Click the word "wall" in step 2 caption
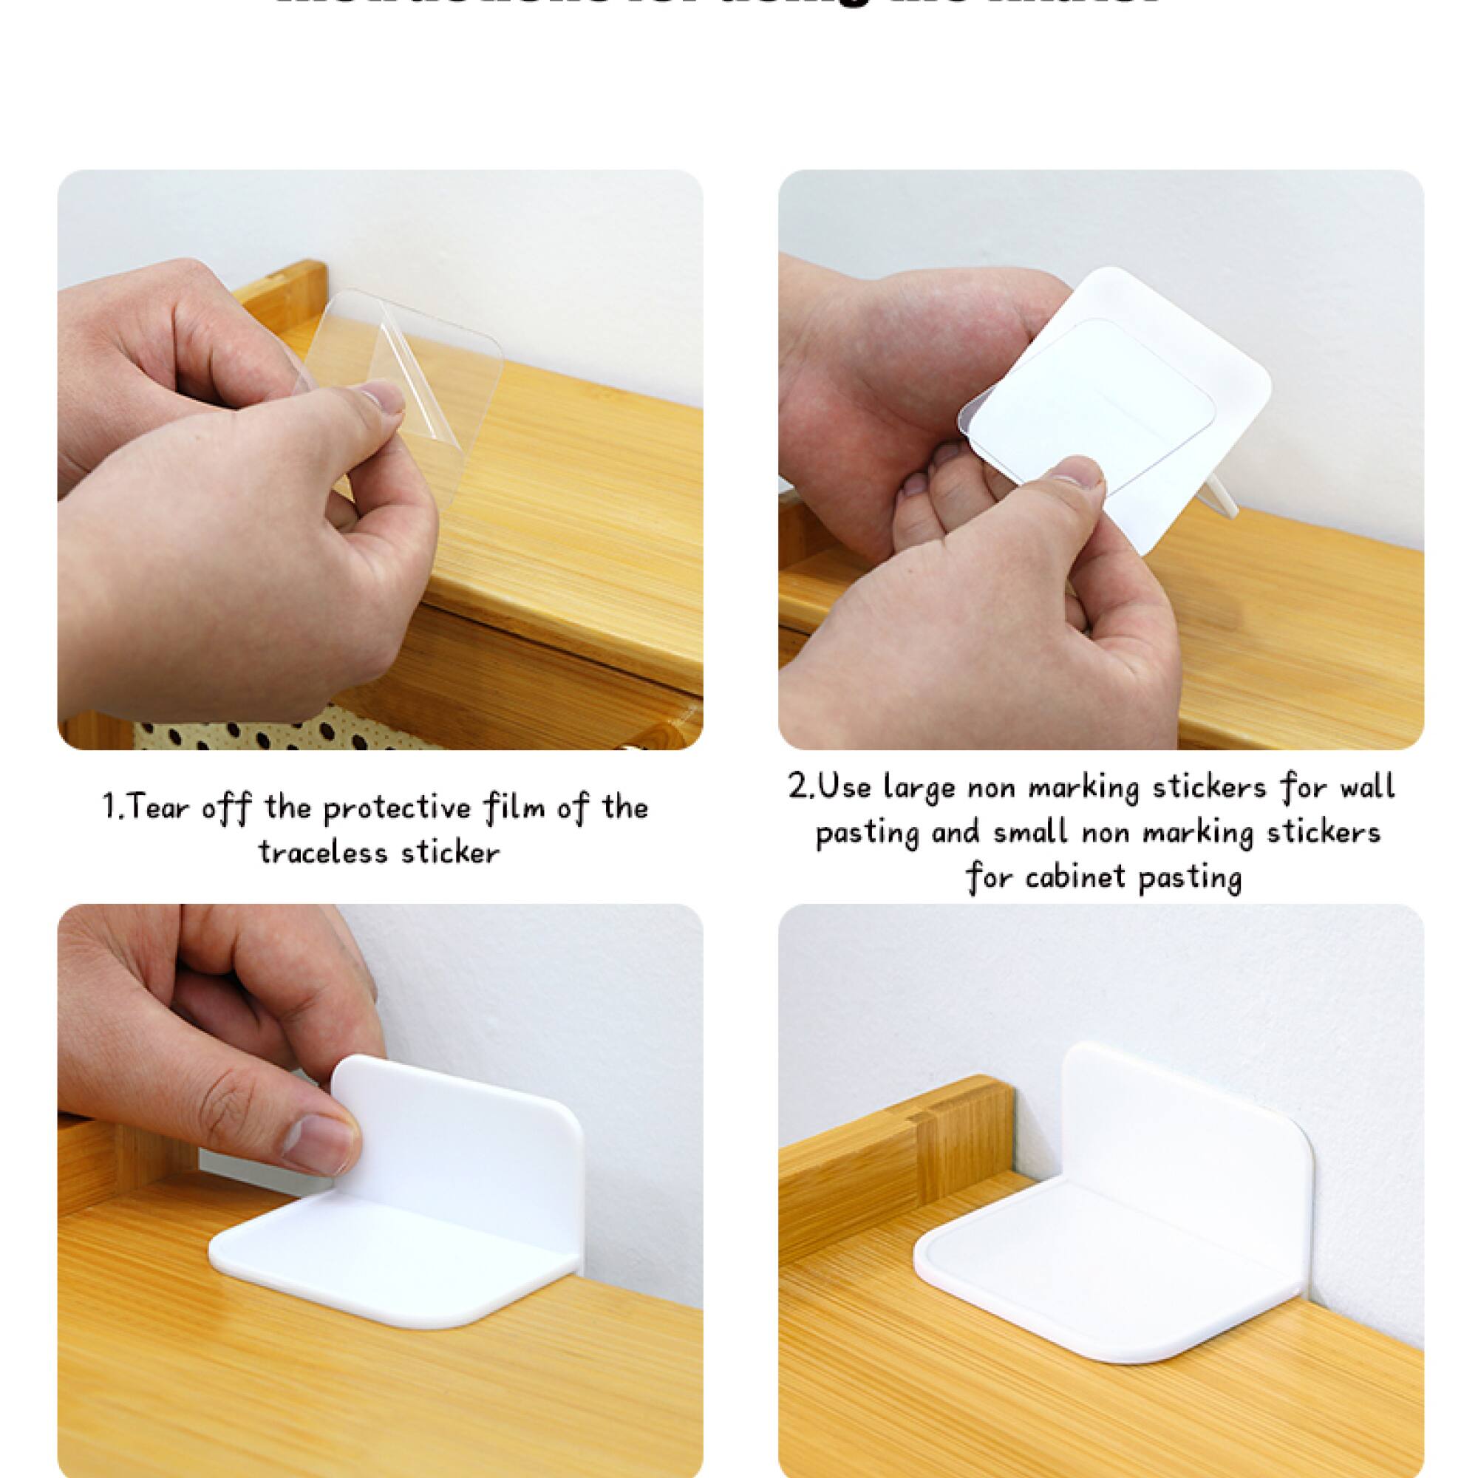coord(1361,787)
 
